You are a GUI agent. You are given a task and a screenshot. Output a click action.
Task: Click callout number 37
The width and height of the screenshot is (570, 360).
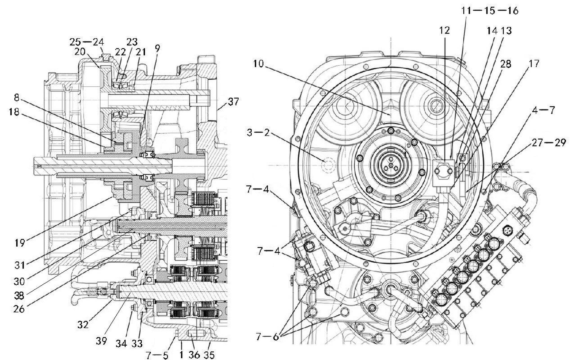pos(233,102)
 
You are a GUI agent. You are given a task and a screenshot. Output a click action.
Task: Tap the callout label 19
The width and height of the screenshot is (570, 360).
pos(20,243)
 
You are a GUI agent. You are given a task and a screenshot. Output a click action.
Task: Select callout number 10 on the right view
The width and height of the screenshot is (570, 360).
pos(258,64)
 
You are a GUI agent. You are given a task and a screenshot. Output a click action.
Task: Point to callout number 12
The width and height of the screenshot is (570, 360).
pos(445,30)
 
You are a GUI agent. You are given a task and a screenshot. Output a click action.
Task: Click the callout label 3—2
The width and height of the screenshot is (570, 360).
pos(258,132)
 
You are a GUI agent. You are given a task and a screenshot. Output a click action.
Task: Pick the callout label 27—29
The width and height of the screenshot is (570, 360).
pos(549,143)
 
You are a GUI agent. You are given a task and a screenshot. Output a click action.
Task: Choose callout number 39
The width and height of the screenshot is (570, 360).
pos(101,341)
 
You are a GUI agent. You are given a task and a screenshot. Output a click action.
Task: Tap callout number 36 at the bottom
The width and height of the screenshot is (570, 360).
pos(194,355)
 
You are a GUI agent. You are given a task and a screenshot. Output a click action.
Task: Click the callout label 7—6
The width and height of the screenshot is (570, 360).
pos(267,336)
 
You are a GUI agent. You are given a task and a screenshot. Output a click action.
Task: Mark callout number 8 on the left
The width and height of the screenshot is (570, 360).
pos(17,98)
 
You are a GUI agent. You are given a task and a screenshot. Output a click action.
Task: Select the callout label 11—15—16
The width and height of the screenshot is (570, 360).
pos(490,11)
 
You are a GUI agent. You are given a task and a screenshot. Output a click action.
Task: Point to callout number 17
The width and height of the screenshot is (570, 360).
pos(534,64)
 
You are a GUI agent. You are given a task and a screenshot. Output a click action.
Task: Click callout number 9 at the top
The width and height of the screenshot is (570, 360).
pos(157,48)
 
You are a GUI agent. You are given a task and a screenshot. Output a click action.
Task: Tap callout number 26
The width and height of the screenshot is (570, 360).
pos(19,309)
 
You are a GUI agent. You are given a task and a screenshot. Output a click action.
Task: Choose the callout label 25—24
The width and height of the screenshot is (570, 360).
pos(87,42)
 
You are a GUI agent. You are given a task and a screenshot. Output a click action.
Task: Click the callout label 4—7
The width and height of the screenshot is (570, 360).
pos(543,110)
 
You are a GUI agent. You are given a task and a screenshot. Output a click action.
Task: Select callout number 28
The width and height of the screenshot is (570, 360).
pos(505,64)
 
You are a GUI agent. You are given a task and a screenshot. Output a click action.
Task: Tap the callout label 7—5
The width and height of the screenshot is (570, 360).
pos(157,355)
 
